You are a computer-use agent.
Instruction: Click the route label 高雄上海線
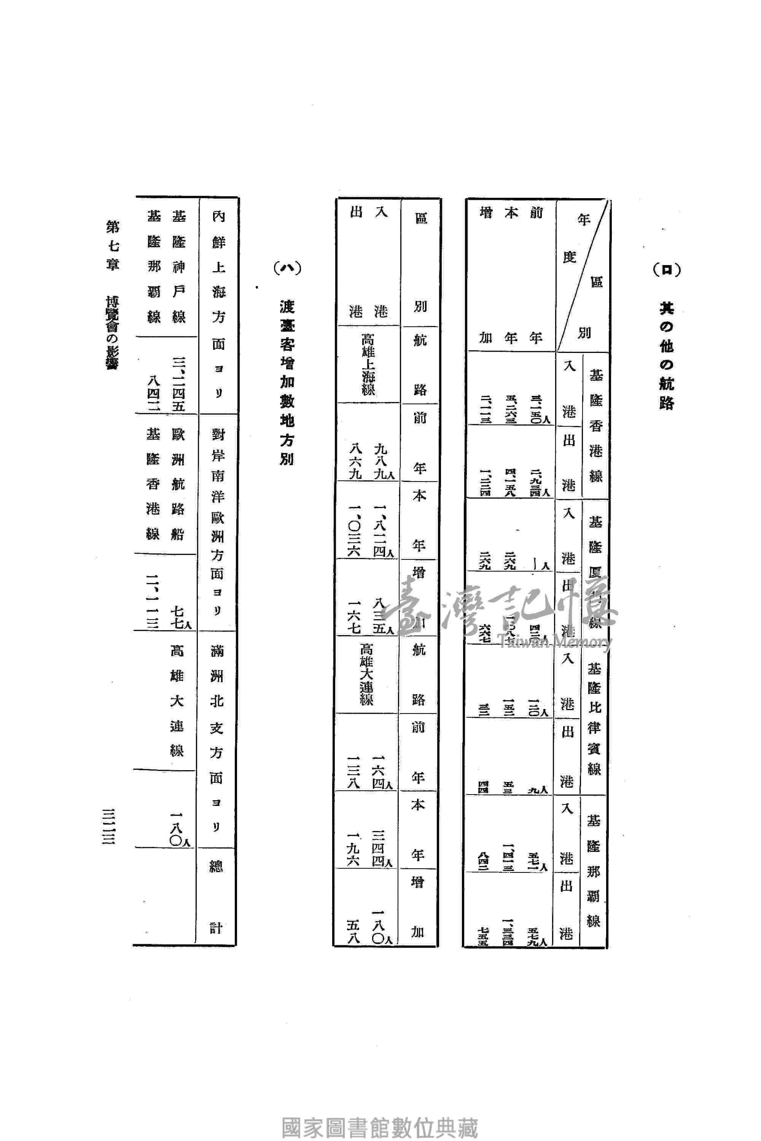(368, 364)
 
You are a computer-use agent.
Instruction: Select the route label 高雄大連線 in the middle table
(366, 674)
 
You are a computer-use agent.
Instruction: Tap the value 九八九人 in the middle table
(382, 461)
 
